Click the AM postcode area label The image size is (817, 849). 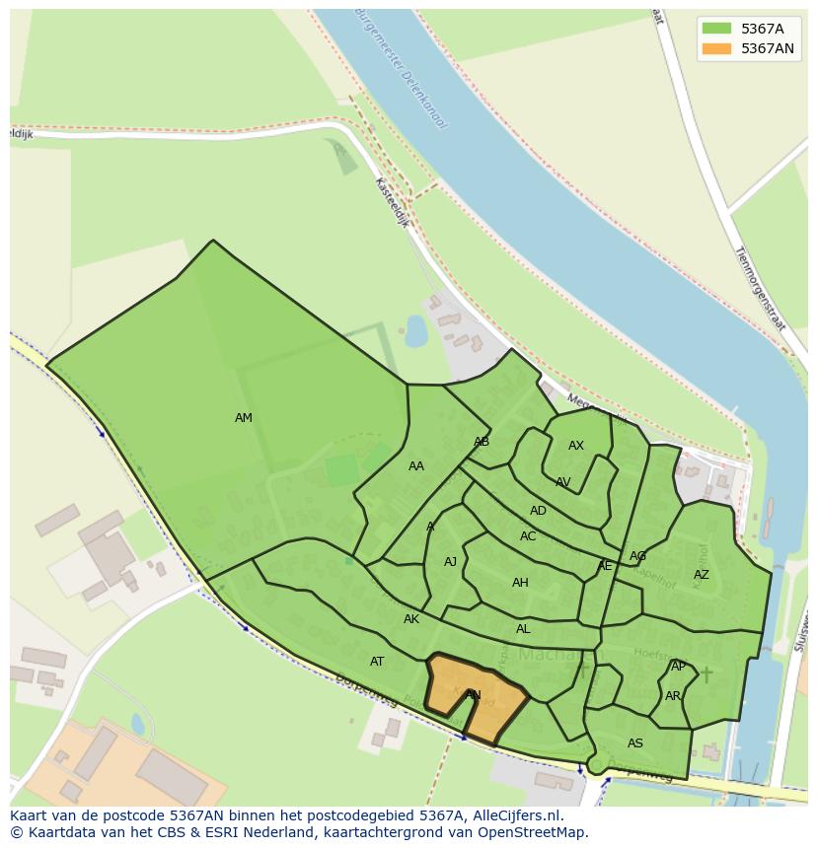pos(244,418)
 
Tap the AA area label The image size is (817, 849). pos(416,466)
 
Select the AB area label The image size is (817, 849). pos(482,442)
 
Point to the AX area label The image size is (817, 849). pos(576,446)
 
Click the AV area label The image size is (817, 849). pos(562,482)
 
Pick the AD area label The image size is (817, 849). pos(538,511)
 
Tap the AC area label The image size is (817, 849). pos(528,536)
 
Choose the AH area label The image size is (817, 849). pos(520,583)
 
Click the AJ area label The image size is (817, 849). pos(450,562)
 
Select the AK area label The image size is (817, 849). pos(411,619)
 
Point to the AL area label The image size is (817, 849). pos(523,629)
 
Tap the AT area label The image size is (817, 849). pos(377,662)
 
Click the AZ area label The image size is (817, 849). pos(701,575)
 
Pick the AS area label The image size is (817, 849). pos(635,743)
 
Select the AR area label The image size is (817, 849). pos(673,696)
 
